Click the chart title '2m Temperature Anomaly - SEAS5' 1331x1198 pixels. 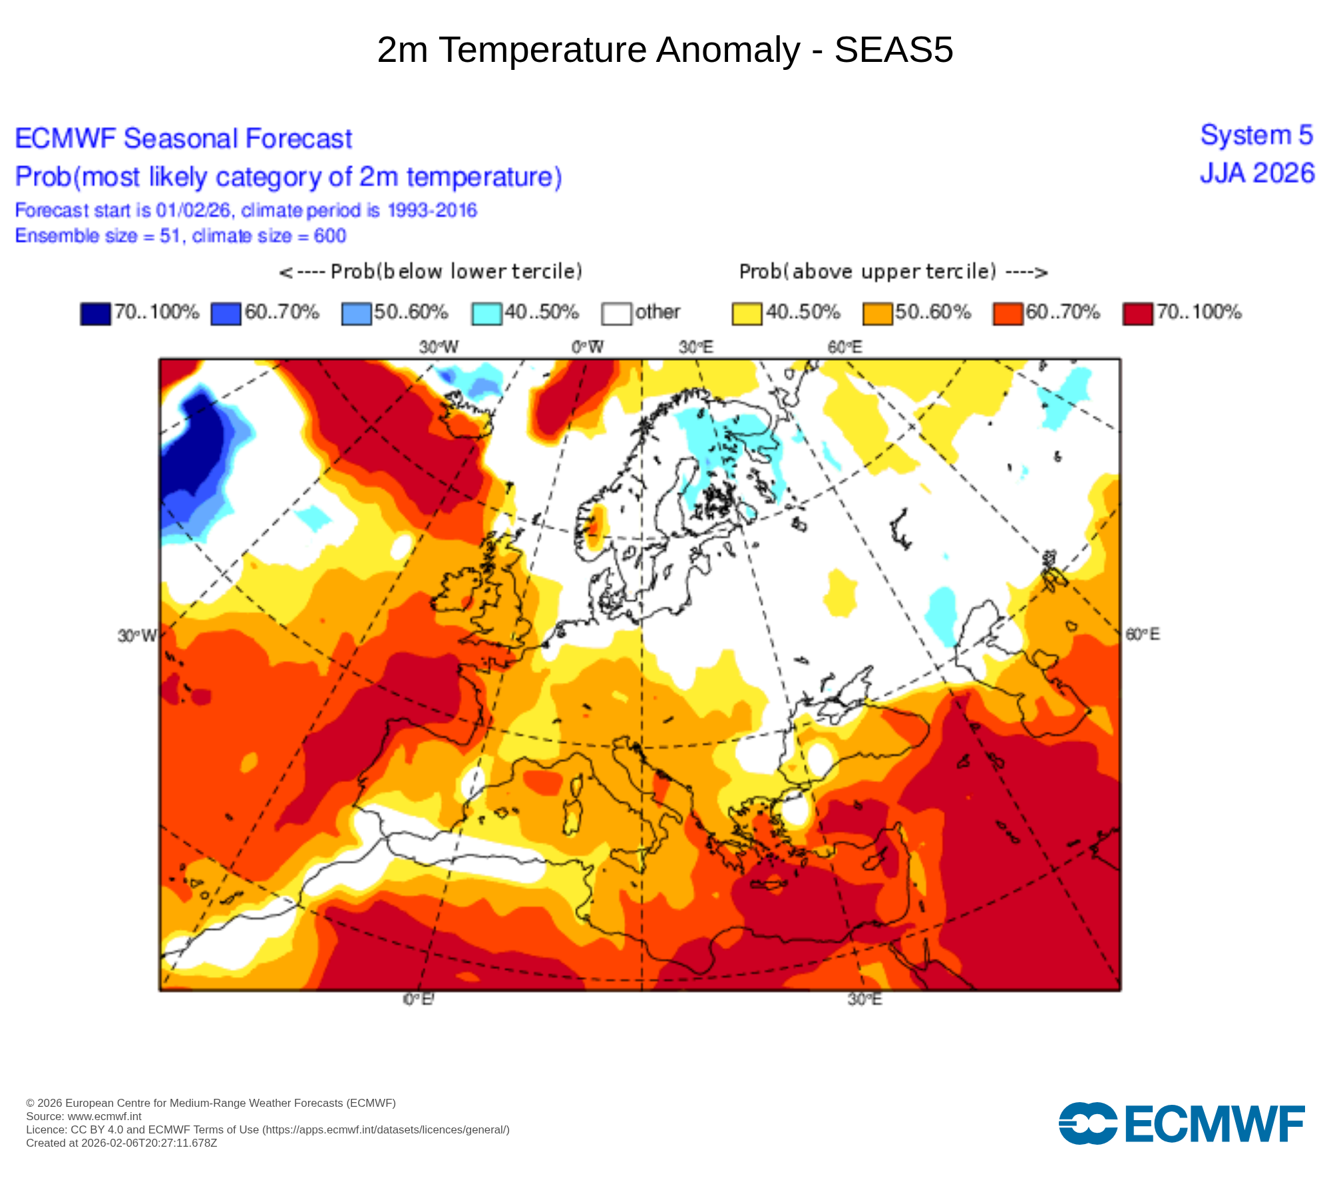pos(665,50)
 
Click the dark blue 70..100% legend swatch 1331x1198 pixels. pos(95,313)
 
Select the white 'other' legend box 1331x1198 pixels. pos(616,313)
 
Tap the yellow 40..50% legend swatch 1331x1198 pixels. pos(747,313)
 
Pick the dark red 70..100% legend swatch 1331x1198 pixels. pos(1137,313)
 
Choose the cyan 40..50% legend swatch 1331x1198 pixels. pos(486,313)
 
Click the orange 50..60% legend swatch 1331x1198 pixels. pos(877,313)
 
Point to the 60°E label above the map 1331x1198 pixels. pos(845,347)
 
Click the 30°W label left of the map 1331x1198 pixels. pos(137,636)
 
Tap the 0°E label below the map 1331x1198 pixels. pos(419,1000)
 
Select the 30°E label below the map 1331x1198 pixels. pos(864,1000)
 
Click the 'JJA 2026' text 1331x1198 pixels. pos(1256,174)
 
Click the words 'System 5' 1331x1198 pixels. pos(1256,135)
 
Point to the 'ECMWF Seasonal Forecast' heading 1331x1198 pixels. pos(184,139)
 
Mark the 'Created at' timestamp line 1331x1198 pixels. pos(122,1143)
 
